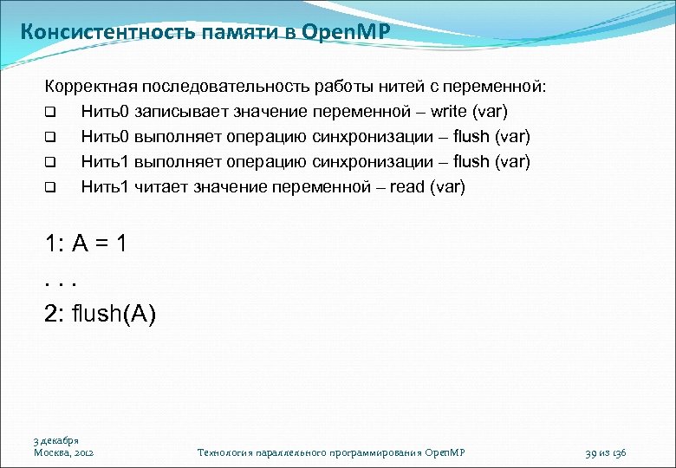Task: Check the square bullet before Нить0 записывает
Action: (50, 113)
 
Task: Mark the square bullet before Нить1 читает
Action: (50, 187)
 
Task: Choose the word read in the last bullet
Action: (408, 186)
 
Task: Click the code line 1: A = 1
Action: (87, 244)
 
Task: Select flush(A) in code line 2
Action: (114, 314)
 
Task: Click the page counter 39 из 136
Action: (606, 452)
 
